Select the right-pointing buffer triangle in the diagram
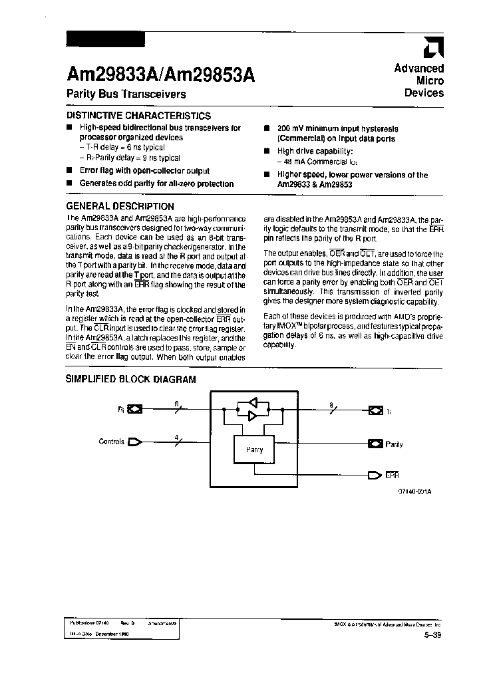click(x=253, y=416)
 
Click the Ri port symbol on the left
click(x=135, y=409)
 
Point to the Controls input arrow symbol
click(x=135, y=441)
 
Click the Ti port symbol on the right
click(x=376, y=410)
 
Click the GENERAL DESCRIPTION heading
click(x=120, y=206)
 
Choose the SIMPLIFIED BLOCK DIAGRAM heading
click(x=130, y=380)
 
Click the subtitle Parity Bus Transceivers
click(x=126, y=94)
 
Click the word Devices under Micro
click(x=424, y=93)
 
